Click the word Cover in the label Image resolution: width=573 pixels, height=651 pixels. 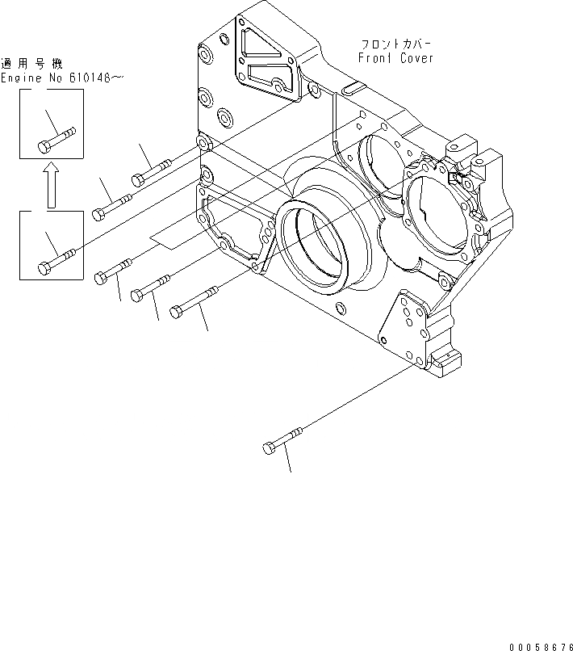point(416,58)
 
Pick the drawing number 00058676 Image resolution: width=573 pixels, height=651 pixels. point(539,645)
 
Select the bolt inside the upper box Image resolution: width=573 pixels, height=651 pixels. point(56,138)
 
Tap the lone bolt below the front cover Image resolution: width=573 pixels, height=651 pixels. point(282,440)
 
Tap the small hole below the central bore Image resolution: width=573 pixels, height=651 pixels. point(339,308)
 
